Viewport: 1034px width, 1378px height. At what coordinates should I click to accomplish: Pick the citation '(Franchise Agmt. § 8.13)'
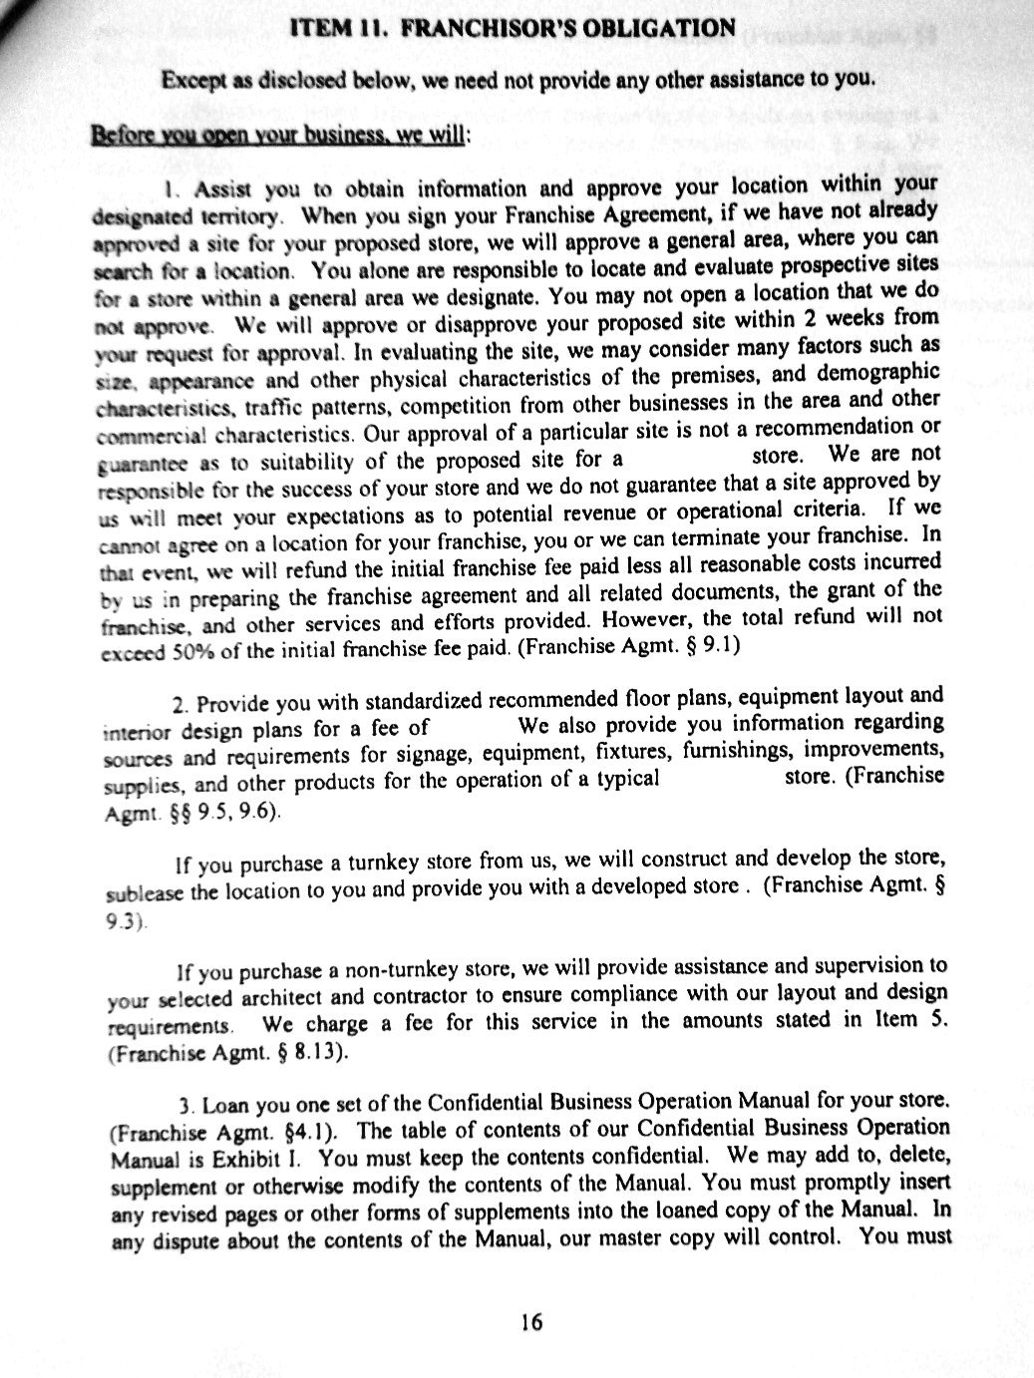(227, 1050)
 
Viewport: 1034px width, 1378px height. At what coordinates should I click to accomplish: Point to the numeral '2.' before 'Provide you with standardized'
(178, 706)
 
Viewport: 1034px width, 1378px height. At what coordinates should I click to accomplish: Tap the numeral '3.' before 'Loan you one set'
(185, 1107)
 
